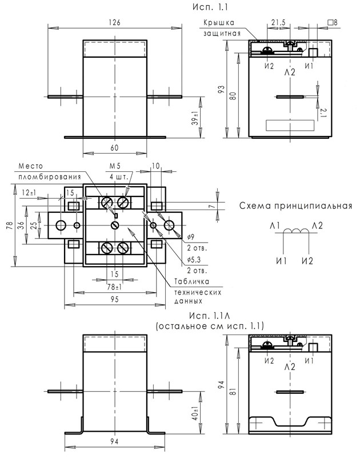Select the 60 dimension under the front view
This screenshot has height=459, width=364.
[x=114, y=148]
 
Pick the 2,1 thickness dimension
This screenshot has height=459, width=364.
[x=323, y=112]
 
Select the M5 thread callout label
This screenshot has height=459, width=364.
[x=116, y=167]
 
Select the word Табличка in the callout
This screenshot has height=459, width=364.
[x=191, y=281]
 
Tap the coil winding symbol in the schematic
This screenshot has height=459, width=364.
[x=295, y=232]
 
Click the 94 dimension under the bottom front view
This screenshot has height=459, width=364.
[x=115, y=442]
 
